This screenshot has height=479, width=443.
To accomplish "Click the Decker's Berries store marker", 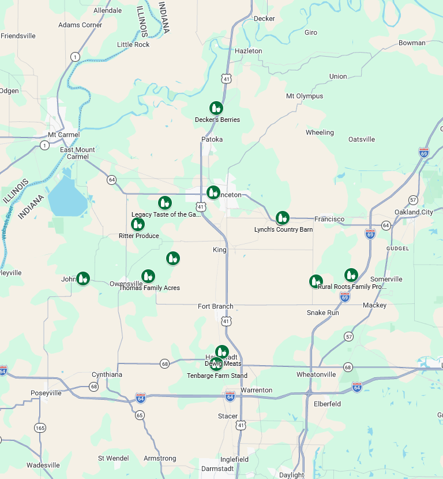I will click(216, 108).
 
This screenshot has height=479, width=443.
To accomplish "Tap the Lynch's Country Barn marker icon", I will click(282, 218).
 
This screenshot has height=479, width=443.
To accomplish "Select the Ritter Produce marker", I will click(138, 224).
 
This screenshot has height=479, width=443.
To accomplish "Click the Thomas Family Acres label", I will click(149, 288).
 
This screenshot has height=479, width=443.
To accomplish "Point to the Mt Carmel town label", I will click(63, 135).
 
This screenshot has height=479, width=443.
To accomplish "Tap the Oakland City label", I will click(414, 212).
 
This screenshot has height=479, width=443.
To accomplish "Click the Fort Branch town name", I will click(216, 306).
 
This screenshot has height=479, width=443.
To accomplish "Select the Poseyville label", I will click(46, 393).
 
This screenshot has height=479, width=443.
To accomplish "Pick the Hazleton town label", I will click(249, 51).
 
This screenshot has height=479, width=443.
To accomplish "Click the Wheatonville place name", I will click(316, 374).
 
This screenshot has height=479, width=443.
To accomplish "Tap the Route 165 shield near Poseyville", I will click(40, 428).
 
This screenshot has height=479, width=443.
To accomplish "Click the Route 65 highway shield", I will click(140, 415).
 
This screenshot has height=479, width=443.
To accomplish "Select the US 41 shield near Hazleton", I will click(227, 78).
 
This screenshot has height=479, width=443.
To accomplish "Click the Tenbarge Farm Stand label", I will click(217, 376).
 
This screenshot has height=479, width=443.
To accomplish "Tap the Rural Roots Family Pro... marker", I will click(351, 275).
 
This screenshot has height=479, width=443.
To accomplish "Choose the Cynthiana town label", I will click(107, 374).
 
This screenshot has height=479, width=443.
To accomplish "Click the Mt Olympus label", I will click(305, 96).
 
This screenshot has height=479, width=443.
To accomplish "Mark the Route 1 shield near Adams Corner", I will click(75, 56).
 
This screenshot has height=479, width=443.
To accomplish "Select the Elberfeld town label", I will click(327, 404).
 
